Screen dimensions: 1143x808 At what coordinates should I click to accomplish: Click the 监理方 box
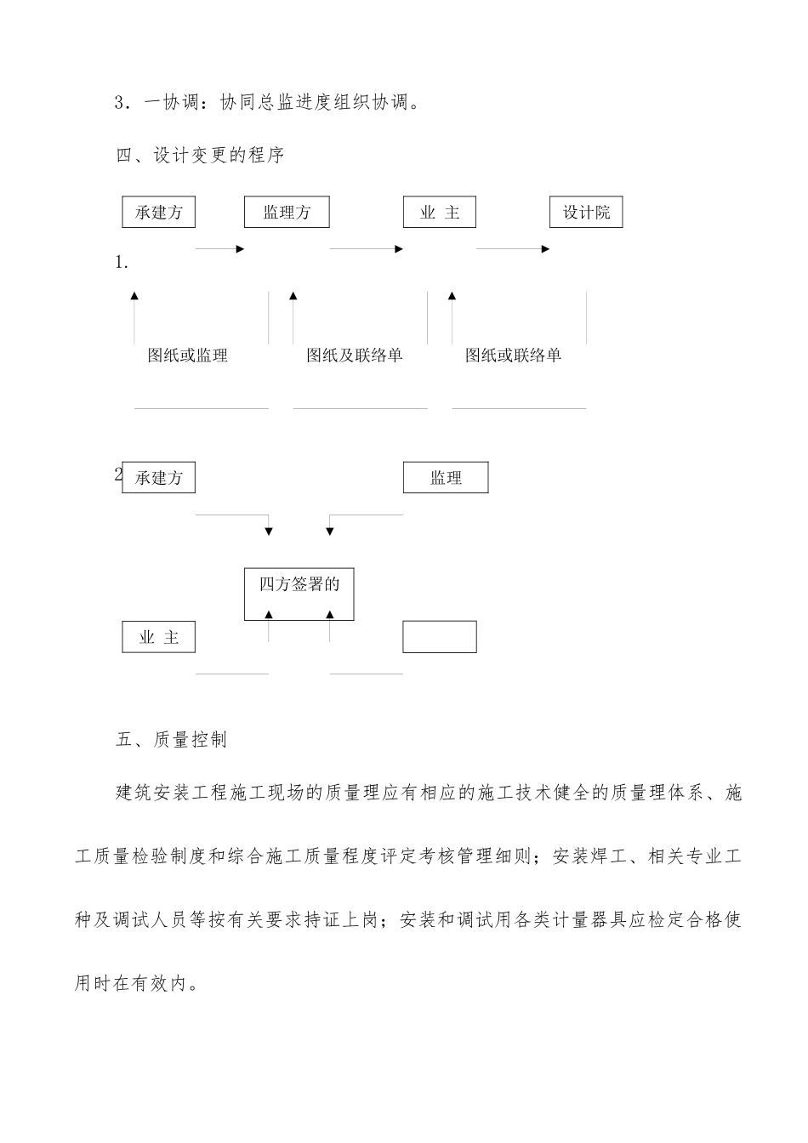287,213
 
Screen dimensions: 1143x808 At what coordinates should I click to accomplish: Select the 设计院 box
586,213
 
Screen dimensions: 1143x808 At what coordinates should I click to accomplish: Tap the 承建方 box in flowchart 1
159,213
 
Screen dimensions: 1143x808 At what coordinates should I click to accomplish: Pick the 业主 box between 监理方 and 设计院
439,213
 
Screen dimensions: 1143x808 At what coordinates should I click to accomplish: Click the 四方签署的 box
299,594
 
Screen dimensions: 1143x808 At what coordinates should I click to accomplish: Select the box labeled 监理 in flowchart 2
446,478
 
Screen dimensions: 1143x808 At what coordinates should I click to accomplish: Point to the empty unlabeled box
439,637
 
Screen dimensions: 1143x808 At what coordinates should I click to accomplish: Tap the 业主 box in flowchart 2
159,637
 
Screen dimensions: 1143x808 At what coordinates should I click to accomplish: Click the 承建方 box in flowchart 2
159,478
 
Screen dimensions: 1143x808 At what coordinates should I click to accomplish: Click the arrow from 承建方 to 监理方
220,249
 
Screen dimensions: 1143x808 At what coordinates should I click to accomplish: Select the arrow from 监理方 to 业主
367,249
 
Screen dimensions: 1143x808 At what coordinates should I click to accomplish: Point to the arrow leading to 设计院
513,249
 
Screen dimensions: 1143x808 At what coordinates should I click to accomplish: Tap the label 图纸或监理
188,355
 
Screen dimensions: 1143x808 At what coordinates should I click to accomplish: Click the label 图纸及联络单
354,355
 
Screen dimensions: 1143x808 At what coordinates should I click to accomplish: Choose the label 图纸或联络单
513,355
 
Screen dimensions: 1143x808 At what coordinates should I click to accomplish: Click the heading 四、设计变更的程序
201,156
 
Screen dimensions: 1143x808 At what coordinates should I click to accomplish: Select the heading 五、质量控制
172,740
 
